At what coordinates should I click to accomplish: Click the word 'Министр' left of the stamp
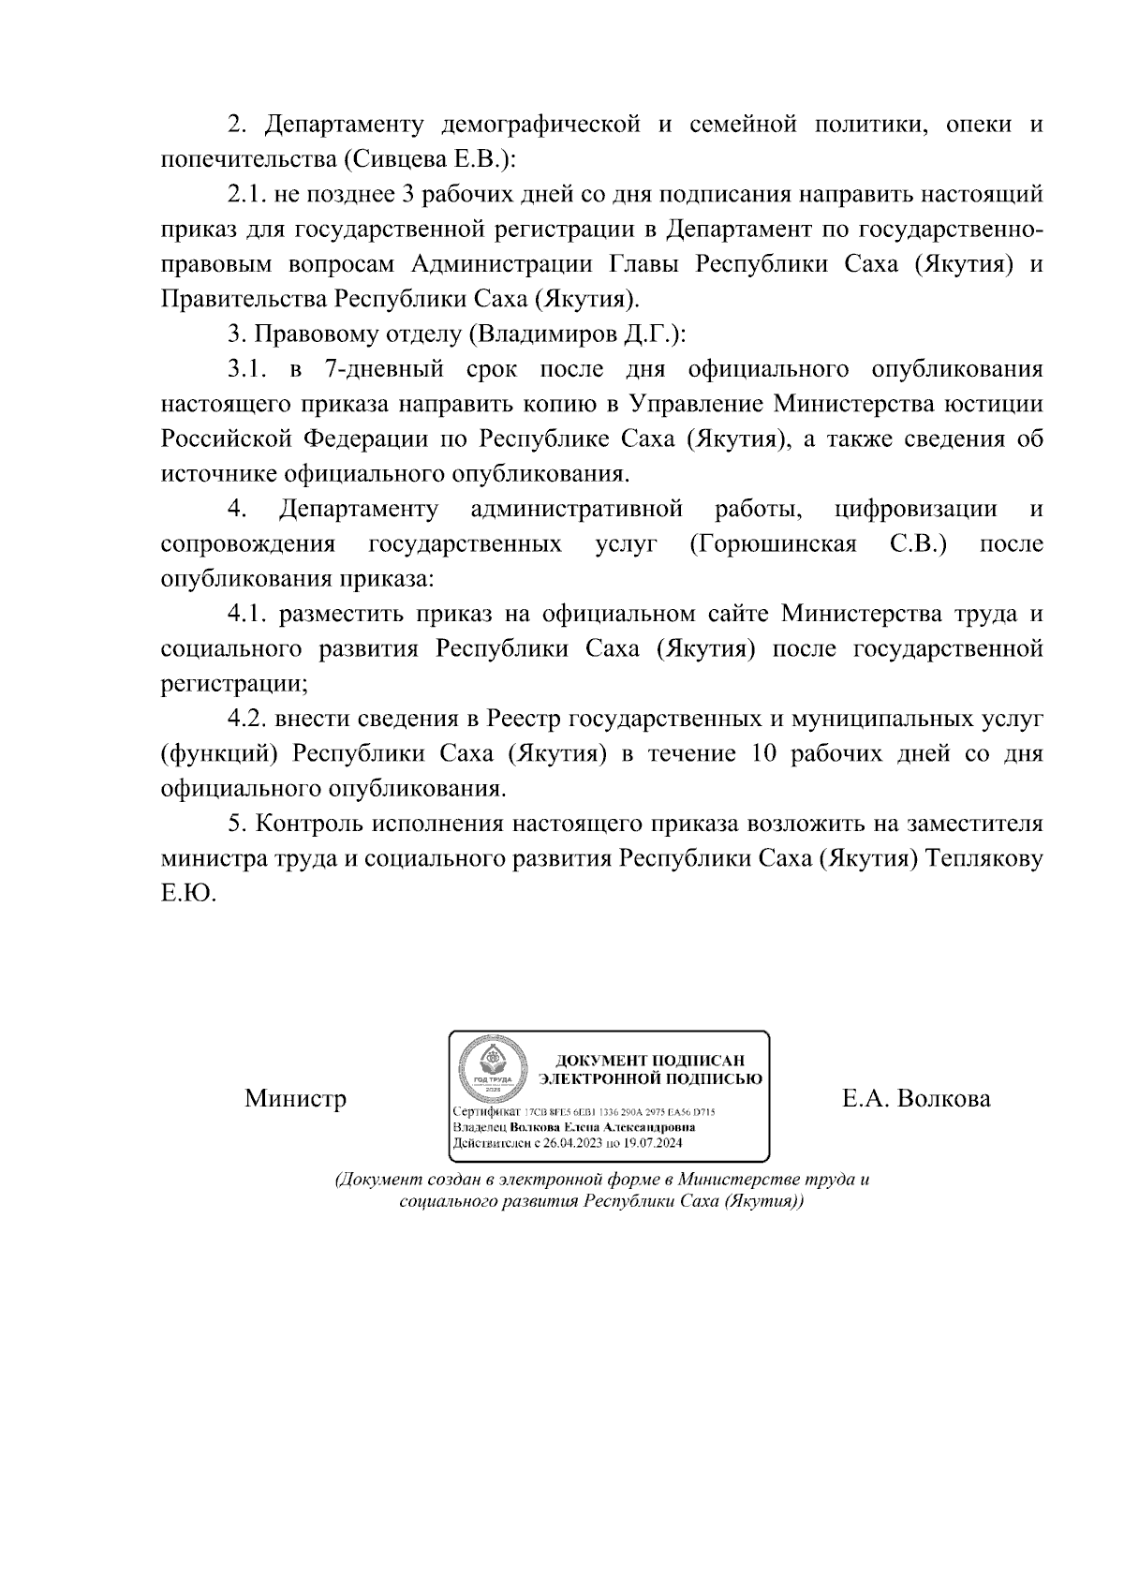coord(295,1098)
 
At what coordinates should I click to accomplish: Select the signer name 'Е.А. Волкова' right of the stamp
coord(916,1098)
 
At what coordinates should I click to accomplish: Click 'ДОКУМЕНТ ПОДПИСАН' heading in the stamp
coord(650,1061)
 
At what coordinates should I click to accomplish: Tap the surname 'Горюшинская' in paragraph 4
coord(772,543)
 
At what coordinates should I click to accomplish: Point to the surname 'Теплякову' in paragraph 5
coord(983,858)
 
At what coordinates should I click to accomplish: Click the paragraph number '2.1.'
coord(247,195)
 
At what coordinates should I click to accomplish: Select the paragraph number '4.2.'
coord(247,719)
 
